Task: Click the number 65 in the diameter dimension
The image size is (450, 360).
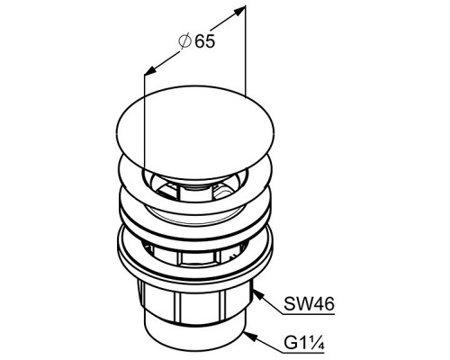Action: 205,41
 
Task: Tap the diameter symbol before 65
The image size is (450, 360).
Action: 184,41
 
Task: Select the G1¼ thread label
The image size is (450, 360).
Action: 304,344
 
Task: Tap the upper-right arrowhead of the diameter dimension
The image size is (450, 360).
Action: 238,11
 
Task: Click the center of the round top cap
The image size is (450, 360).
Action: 195,132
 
